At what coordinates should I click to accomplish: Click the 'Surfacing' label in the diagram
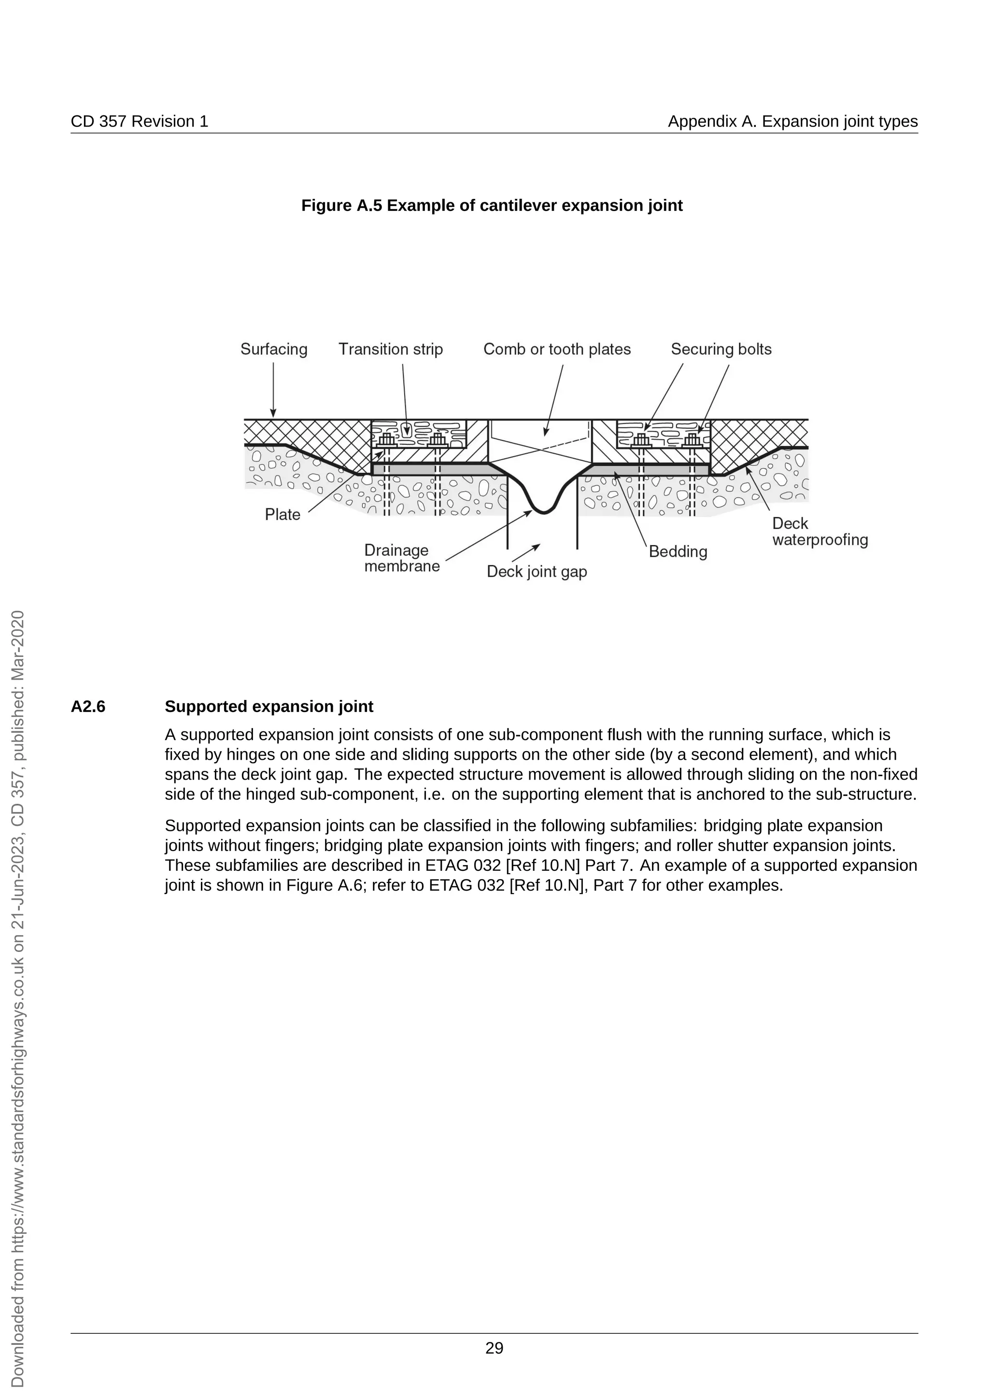point(273,349)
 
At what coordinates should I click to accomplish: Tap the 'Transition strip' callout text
point(390,349)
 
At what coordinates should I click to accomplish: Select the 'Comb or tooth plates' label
point(557,349)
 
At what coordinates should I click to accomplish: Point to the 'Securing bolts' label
point(721,349)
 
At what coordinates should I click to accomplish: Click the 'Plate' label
point(282,515)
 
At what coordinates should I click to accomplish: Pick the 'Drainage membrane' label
point(401,559)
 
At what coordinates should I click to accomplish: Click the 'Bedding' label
point(678,552)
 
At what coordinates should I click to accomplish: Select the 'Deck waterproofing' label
point(819,531)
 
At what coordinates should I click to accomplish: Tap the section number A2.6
point(88,706)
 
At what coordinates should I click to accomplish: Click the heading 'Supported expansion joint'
point(268,706)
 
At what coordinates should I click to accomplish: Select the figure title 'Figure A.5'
point(492,206)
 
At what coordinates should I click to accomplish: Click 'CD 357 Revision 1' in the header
point(140,121)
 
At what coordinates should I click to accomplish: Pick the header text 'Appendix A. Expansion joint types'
point(792,121)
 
